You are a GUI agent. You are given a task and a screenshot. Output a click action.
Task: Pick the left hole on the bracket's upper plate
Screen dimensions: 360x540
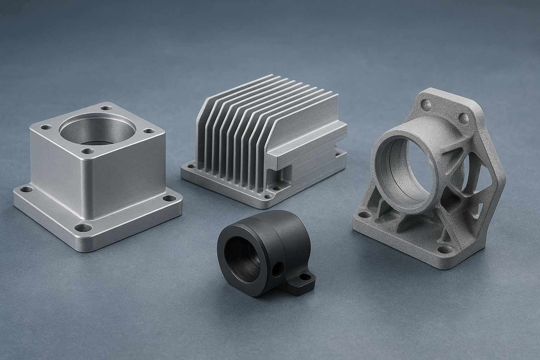point(426,104)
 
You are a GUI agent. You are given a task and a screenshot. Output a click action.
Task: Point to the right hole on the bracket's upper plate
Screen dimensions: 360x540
point(465,117)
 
